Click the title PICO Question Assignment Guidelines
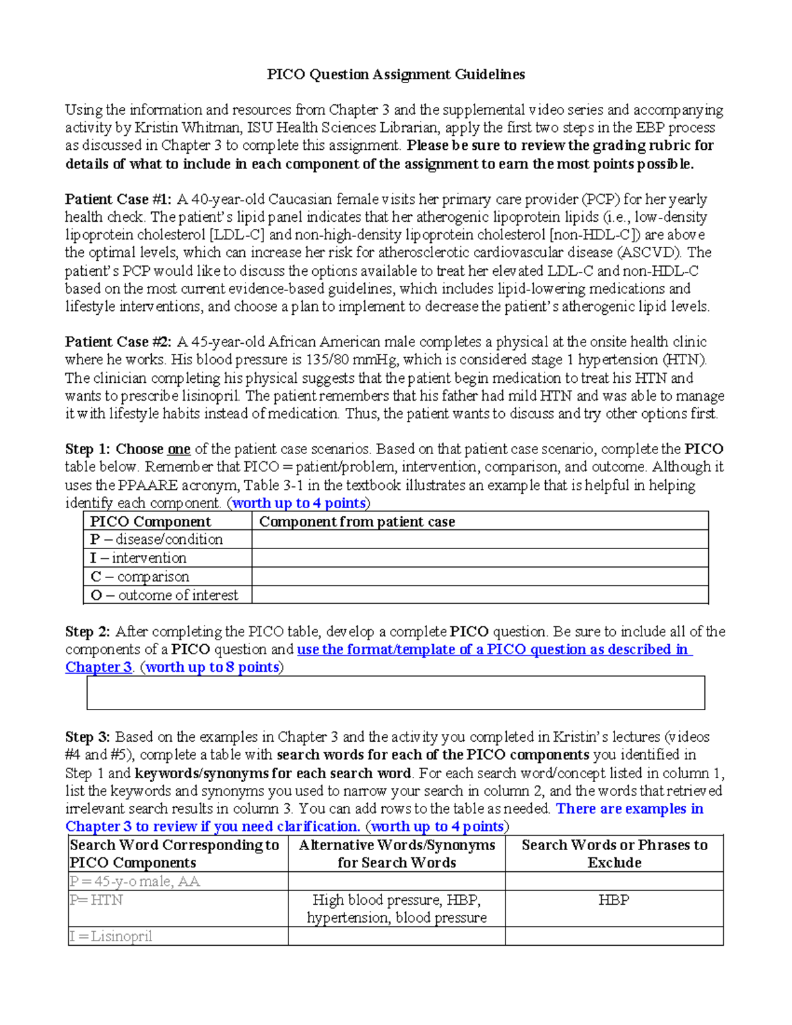(x=395, y=75)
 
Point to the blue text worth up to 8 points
(x=212, y=667)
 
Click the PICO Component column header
(x=150, y=521)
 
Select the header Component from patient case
(x=357, y=521)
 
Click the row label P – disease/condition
(x=156, y=539)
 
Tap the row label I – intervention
(x=138, y=558)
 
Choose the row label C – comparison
(x=140, y=576)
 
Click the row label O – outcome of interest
(x=164, y=595)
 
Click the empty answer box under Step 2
(x=395, y=692)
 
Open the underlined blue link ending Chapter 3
(x=99, y=667)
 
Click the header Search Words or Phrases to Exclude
(x=614, y=853)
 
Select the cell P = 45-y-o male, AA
(x=135, y=881)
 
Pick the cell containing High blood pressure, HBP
(x=396, y=909)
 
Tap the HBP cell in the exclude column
(x=614, y=900)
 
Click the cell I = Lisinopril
(x=111, y=936)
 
